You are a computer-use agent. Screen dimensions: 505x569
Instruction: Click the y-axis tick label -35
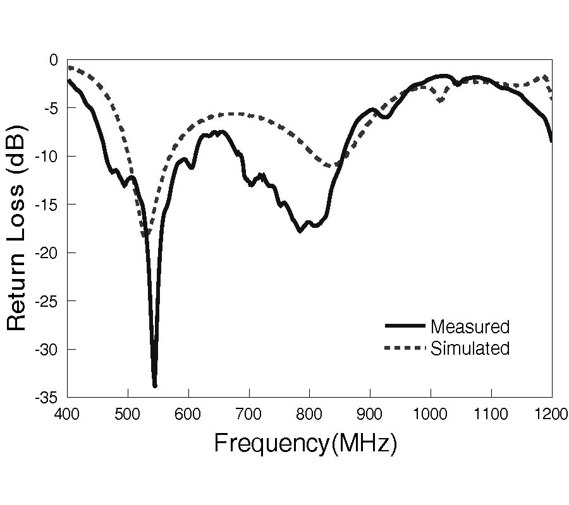(x=48, y=398)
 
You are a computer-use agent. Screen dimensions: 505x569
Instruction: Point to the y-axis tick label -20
(x=48, y=253)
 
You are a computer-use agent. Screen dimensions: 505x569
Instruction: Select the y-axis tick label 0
(x=54, y=60)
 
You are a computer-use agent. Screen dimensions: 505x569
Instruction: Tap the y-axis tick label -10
(x=48, y=157)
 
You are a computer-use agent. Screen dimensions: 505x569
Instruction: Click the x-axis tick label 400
(x=68, y=414)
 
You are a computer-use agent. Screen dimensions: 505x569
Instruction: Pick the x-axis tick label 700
(x=249, y=414)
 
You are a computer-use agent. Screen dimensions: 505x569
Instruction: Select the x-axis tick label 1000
(x=431, y=414)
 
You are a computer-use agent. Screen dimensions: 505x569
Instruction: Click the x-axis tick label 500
(x=128, y=414)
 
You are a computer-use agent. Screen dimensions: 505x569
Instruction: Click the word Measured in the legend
(x=470, y=327)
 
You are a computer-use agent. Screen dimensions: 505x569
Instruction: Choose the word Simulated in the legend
(x=470, y=348)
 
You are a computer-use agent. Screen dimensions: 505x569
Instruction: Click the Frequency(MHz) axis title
(x=305, y=443)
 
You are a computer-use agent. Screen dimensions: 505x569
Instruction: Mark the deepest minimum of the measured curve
(x=155, y=385)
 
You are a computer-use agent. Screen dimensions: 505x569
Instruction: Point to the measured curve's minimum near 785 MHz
(x=300, y=231)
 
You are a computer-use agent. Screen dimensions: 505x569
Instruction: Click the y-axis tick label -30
(x=48, y=350)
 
